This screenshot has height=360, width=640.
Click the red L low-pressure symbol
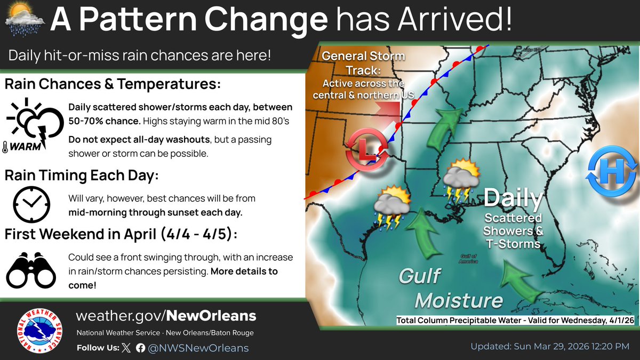[366, 150]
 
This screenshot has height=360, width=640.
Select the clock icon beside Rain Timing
[31, 204]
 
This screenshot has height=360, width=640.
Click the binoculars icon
[31, 269]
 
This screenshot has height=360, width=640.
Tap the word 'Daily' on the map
[513, 199]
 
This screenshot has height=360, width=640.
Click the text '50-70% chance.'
[104, 122]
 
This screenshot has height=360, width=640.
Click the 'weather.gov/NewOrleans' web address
[166, 316]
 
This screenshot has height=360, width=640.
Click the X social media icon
[126, 348]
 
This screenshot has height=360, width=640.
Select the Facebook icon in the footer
[140, 348]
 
